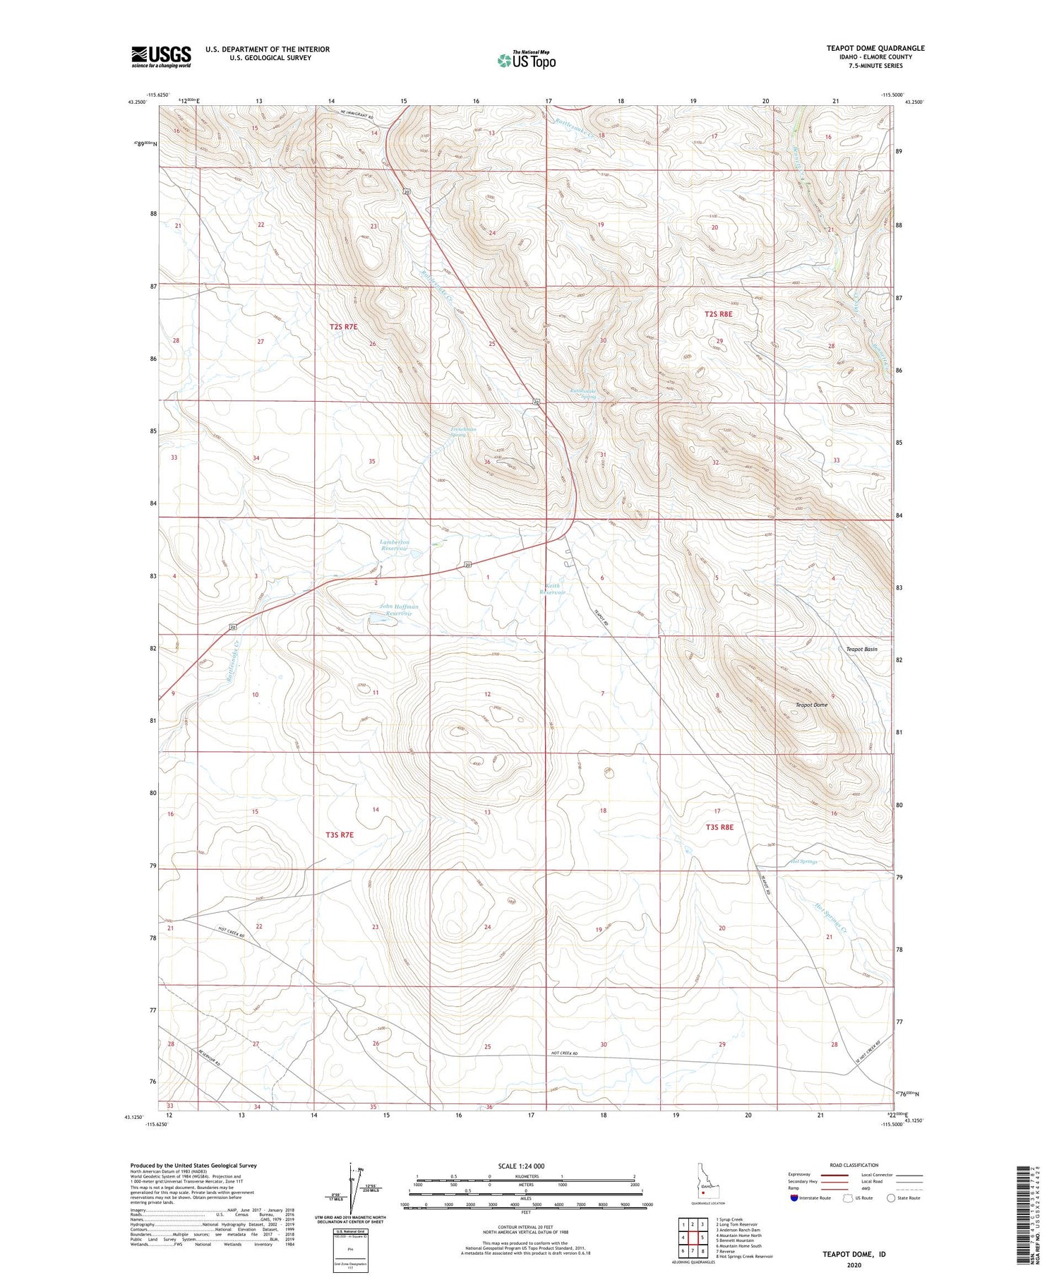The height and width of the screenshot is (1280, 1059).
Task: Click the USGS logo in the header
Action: [x=161, y=56]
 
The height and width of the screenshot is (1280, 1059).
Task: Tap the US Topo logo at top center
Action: [x=526, y=60]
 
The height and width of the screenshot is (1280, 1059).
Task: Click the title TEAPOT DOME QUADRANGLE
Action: [x=875, y=48]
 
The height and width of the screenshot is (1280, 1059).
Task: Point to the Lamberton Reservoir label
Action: [x=395, y=545]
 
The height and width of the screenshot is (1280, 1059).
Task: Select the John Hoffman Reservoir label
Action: [x=398, y=610]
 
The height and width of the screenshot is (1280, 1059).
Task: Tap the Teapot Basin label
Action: [x=861, y=649]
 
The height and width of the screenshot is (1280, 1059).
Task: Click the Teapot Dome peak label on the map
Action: [x=811, y=705]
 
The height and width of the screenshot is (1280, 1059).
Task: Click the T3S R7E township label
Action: [x=339, y=835]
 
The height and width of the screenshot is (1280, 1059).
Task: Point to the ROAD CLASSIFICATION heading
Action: [x=854, y=1165]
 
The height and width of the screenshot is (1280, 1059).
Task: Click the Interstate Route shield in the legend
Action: [x=794, y=1197]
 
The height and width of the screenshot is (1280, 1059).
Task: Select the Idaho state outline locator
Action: [x=704, y=1181]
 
